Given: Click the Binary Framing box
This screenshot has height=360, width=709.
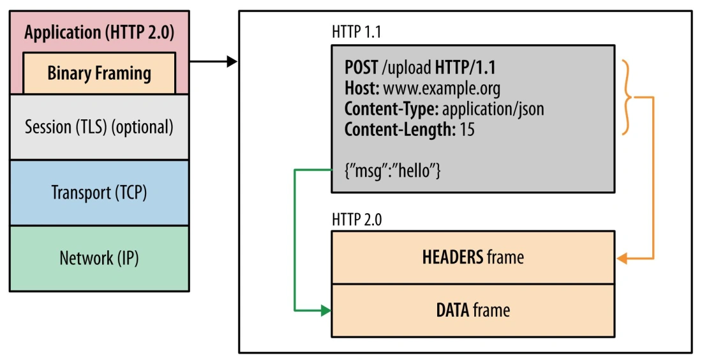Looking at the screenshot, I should click(x=99, y=73).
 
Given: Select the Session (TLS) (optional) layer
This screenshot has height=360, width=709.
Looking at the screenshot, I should click(x=99, y=127).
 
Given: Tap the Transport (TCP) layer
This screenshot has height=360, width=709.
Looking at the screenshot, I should click(x=99, y=193).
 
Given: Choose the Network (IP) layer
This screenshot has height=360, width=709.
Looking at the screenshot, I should click(x=99, y=259).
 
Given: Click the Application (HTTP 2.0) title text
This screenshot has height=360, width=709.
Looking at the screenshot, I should click(x=99, y=33).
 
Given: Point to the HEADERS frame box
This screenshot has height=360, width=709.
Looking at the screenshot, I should click(x=473, y=257).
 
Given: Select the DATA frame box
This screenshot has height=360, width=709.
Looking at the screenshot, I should click(x=473, y=310).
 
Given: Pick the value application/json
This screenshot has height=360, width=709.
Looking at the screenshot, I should click(x=493, y=109).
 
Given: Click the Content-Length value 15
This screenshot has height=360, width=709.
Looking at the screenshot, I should click(x=466, y=130).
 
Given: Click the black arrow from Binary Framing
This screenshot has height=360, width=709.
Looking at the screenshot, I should click(x=214, y=62).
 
